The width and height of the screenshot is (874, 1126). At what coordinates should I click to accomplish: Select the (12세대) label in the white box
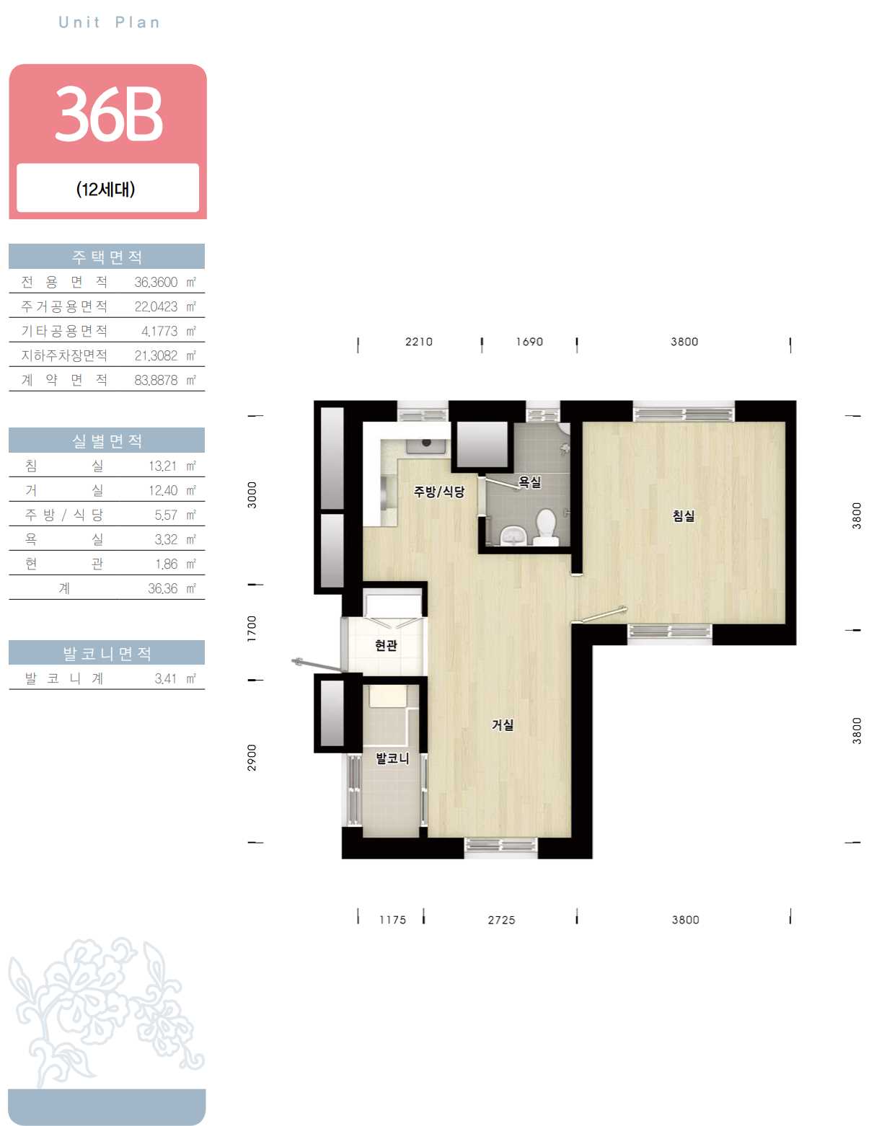(x=106, y=189)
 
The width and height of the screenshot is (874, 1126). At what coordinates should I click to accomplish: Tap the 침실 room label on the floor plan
(x=683, y=515)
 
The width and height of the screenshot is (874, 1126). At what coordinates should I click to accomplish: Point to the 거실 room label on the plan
(x=503, y=724)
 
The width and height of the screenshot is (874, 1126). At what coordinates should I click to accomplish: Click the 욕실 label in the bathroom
(x=530, y=482)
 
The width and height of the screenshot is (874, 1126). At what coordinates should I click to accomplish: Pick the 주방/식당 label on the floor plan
(x=439, y=491)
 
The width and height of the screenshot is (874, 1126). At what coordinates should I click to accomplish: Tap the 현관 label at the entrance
(x=387, y=645)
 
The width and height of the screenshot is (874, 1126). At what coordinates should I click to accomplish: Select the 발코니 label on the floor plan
(x=392, y=758)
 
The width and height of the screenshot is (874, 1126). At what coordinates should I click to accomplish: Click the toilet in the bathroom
(x=546, y=527)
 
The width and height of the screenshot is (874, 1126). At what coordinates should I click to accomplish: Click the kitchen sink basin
(x=427, y=445)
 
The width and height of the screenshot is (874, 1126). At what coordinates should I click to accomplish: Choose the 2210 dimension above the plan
(x=419, y=342)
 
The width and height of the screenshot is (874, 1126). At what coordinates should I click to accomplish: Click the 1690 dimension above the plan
(x=529, y=342)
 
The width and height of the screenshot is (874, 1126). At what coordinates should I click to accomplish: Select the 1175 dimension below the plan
(x=392, y=920)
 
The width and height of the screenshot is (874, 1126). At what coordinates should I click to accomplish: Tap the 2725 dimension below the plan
(x=501, y=920)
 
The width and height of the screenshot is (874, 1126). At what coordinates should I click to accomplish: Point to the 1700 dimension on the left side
(x=252, y=629)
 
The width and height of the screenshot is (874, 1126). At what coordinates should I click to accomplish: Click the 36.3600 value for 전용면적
(x=156, y=283)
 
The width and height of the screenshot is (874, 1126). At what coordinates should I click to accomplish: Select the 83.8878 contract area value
(x=156, y=381)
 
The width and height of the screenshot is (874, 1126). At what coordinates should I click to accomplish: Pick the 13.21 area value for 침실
(x=163, y=466)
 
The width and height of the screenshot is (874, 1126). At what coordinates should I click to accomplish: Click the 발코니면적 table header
(x=107, y=653)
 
